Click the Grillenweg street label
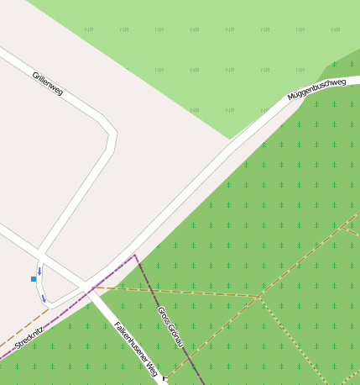[48, 83]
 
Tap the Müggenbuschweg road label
[316, 89]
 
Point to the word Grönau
[176, 336]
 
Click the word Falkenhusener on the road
[132, 340]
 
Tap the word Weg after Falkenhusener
[153, 367]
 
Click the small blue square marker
[34, 278]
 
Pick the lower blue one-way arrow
[43, 298]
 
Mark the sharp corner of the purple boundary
[135, 255]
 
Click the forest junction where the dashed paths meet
[258, 297]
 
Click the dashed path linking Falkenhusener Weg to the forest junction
[176, 292]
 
